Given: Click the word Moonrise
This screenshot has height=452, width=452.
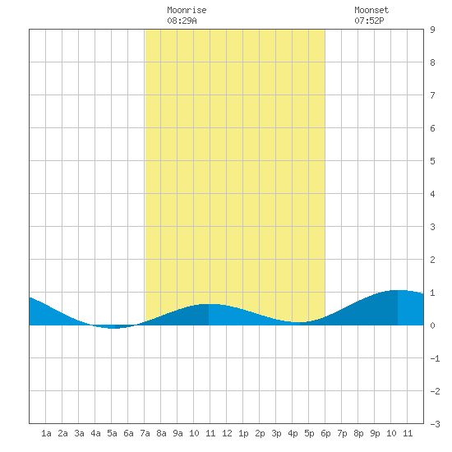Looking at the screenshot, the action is pyautogui.click(x=187, y=10).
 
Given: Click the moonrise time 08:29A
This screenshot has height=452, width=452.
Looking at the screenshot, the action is pyautogui.click(x=182, y=21).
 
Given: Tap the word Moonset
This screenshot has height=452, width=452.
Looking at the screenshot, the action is pyautogui.click(x=371, y=10).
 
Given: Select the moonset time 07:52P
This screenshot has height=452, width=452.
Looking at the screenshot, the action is pyautogui.click(x=369, y=21).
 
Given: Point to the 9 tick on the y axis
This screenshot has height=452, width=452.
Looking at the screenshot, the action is pyautogui.click(x=432, y=30).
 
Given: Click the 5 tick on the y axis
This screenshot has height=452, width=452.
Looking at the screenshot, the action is pyautogui.click(x=432, y=161).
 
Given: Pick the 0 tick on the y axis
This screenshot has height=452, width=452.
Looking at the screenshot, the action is pyautogui.click(x=432, y=325).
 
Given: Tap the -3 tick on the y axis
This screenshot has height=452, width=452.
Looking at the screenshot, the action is pyautogui.click(x=435, y=424).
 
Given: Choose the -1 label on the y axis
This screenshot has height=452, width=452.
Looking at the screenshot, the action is pyautogui.click(x=435, y=358).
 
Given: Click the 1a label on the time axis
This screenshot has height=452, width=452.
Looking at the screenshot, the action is pyautogui.click(x=46, y=433).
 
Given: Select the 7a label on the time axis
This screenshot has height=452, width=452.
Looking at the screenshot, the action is pyautogui.click(x=145, y=433).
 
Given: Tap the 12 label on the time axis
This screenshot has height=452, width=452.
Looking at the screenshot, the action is pyautogui.click(x=227, y=433).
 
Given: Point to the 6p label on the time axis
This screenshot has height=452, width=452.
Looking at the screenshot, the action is pyautogui.click(x=325, y=433).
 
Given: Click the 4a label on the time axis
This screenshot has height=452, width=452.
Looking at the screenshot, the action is pyautogui.click(x=95, y=433).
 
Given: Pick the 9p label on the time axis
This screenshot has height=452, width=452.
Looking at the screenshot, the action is pyautogui.click(x=375, y=433).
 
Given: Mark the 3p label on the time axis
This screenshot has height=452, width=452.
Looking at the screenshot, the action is pyautogui.click(x=276, y=433).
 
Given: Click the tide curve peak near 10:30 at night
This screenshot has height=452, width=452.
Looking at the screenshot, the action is pyautogui.click(x=398, y=290).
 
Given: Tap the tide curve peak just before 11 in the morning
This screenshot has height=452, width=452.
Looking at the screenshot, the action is pyautogui.click(x=209, y=304).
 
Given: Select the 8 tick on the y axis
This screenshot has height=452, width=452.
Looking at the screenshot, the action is pyautogui.click(x=432, y=62).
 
